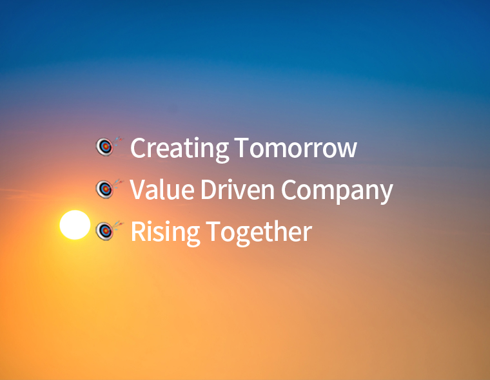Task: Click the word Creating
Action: [x=179, y=149]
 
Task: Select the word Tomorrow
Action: [x=296, y=147]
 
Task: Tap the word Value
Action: [x=162, y=189]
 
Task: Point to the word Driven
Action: [x=237, y=189]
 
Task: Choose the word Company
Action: [x=337, y=191]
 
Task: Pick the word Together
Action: [x=259, y=233]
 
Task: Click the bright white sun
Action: [x=75, y=225]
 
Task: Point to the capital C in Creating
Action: [x=138, y=147]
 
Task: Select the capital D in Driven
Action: [x=209, y=189]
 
